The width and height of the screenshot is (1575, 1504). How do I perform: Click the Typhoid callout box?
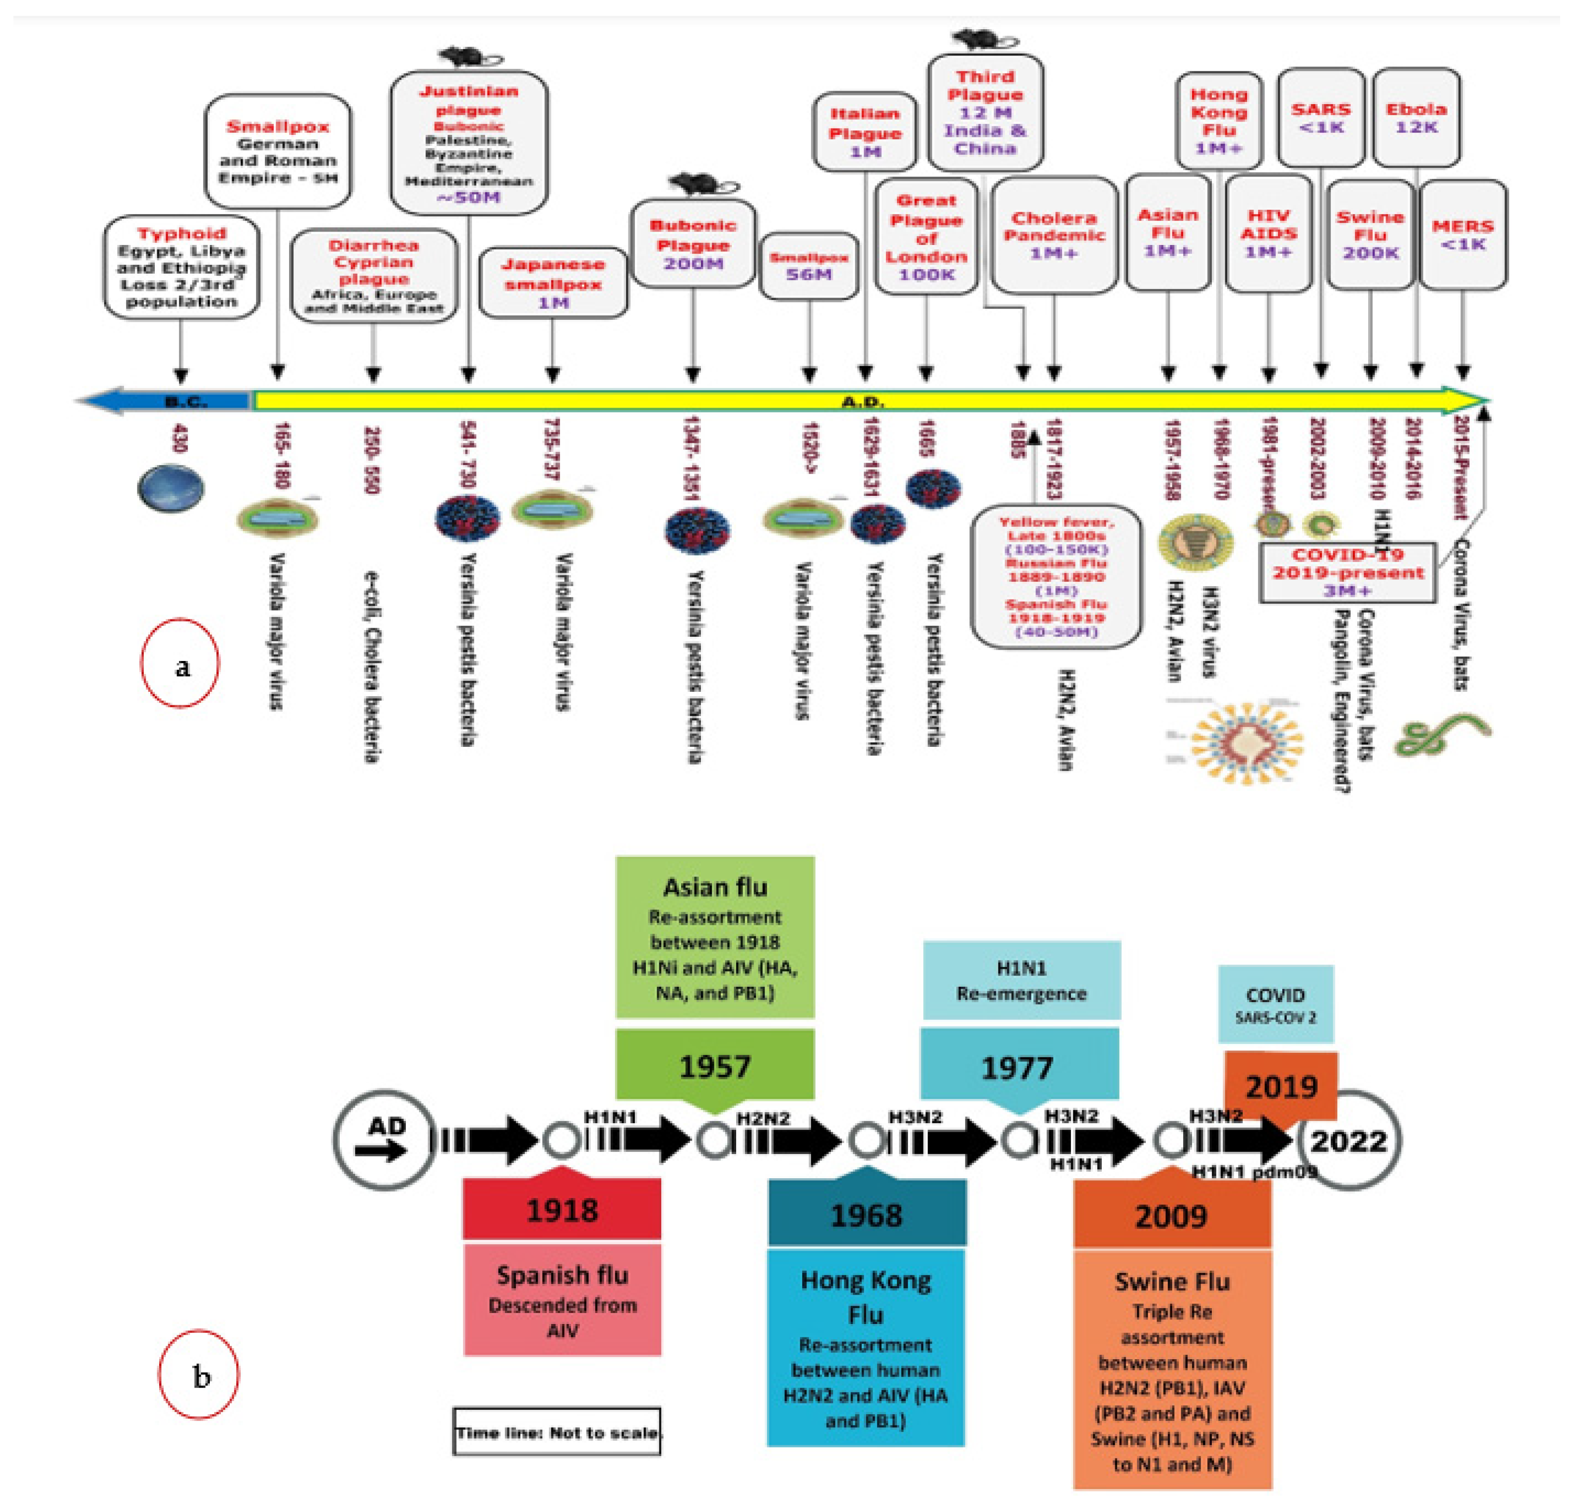(x=181, y=267)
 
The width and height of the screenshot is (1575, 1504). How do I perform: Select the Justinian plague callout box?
(x=469, y=143)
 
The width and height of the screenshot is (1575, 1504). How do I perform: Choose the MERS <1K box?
(x=1463, y=235)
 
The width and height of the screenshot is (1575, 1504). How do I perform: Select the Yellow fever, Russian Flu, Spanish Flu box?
(x=1056, y=576)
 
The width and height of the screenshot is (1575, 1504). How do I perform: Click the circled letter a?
(x=181, y=664)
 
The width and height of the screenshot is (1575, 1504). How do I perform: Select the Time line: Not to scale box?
(x=558, y=1432)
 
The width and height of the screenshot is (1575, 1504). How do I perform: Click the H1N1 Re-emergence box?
(x=1021, y=980)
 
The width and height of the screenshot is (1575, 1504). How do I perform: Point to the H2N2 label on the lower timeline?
(x=762, y=1118)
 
